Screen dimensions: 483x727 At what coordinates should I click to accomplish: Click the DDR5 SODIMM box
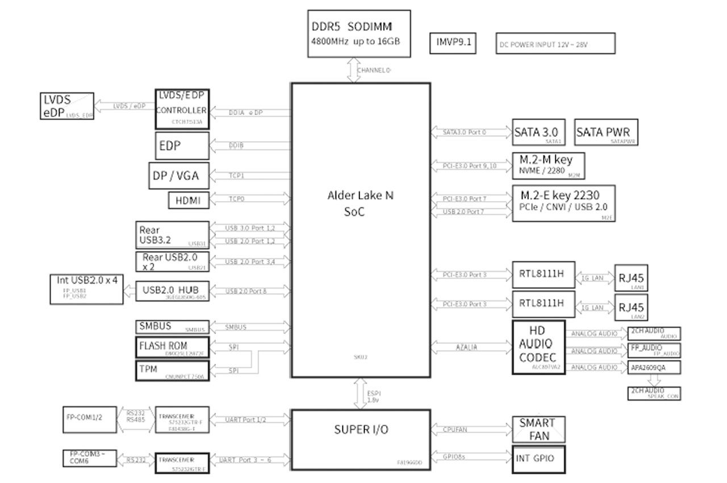coord(359,33)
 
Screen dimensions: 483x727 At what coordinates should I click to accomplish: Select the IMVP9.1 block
coord(453,43)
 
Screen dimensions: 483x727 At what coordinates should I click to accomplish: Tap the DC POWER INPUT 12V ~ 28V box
coord(555,44)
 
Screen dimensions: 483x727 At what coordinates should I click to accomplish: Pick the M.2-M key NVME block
coord(549,165)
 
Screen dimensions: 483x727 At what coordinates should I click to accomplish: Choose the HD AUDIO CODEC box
coord(538,347)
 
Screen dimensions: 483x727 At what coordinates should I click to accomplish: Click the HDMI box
coord(189,200)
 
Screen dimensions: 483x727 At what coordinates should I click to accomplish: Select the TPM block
coord(172,370)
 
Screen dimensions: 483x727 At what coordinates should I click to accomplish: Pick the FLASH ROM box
coord(172,347)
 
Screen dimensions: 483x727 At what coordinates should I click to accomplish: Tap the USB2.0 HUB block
coord(172,291)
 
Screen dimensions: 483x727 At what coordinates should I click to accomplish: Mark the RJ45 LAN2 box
coord(631,307)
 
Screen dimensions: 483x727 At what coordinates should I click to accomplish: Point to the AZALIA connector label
coord(466,347)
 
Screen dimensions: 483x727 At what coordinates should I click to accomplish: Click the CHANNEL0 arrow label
coord(373,70)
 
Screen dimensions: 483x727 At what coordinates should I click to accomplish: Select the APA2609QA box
coord(654,367)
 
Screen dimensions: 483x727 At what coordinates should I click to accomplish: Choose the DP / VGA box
coord(178,176)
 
